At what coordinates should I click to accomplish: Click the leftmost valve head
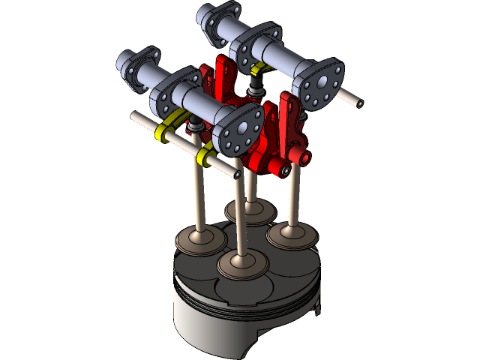click(200, 241)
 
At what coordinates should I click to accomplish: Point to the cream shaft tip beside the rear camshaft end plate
click(353, 97)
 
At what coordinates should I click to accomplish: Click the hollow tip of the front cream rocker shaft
click(236, 174)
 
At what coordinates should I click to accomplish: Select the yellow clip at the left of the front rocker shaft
click(161, 133)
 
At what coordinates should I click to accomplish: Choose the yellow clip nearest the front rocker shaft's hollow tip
click(202, 157)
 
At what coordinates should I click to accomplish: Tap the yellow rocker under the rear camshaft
click(259, 70)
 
